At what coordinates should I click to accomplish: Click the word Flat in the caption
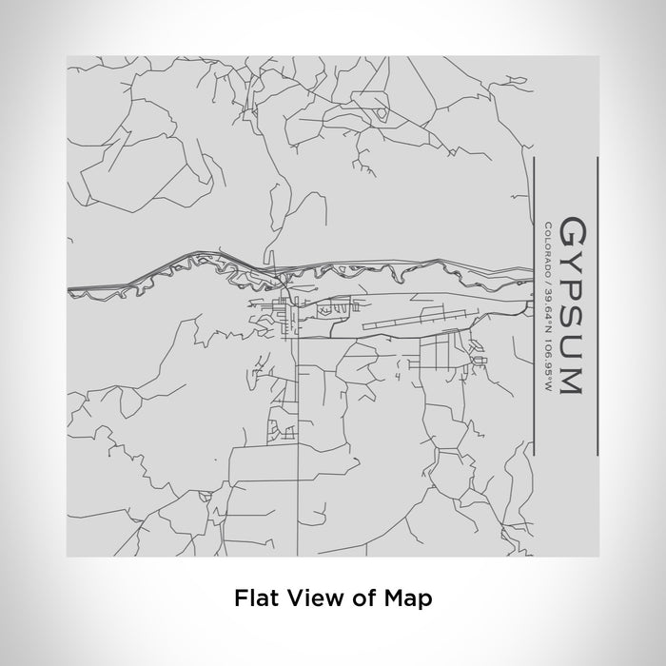[x=251, y=598]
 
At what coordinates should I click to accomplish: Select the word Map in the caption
[x=407, y=598]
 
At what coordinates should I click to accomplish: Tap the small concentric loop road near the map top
[x=382, y=113]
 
